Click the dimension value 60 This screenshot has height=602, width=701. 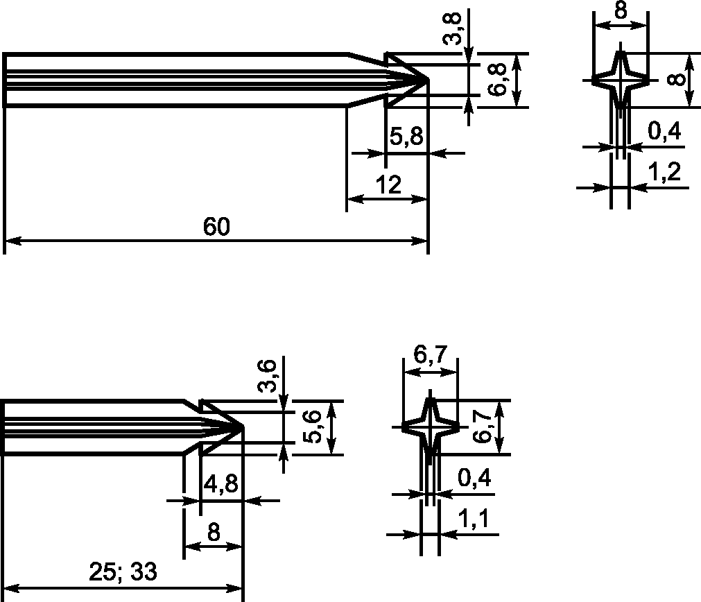pos(216,226)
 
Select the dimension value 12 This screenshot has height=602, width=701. pos(388,184)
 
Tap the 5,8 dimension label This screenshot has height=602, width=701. pos(406,136)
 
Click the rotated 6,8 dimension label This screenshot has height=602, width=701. pos(497,79)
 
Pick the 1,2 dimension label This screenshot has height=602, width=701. pos(664,172)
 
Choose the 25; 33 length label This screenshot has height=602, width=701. pos(123,571)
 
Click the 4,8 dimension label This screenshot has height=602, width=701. pos(221,483)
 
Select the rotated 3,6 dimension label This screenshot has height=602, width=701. pos(268,376)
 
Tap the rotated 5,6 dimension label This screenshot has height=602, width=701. pos(312,427)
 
